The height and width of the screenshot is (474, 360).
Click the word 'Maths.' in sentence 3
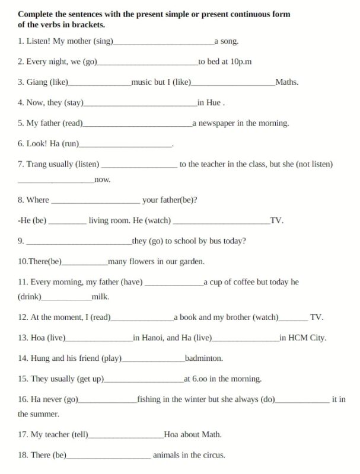click(287, 82)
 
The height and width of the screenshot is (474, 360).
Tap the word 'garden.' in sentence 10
click(191, 261)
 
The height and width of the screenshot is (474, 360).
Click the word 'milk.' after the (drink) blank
click(100, 297)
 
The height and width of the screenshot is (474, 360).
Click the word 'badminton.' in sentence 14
click(203, 358)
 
